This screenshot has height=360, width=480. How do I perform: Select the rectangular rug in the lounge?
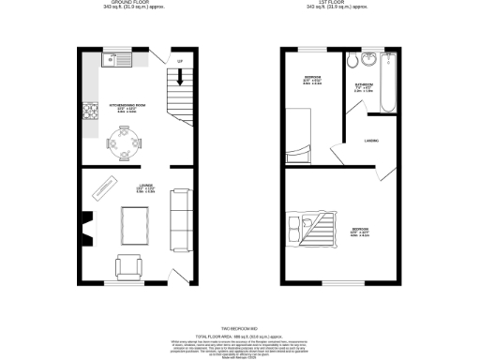pyautogui.click(x=138, y=224)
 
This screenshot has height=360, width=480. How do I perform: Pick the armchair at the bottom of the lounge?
pyautogui.click(x=129, y=265)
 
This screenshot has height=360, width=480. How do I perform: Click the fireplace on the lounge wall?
pyautogui.click(x=86, y=225)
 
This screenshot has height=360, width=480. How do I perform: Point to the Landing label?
pyautogui.click(x=371, y=142)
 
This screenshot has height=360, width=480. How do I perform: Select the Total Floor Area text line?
pyautogui.click(x=239, y=335)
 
